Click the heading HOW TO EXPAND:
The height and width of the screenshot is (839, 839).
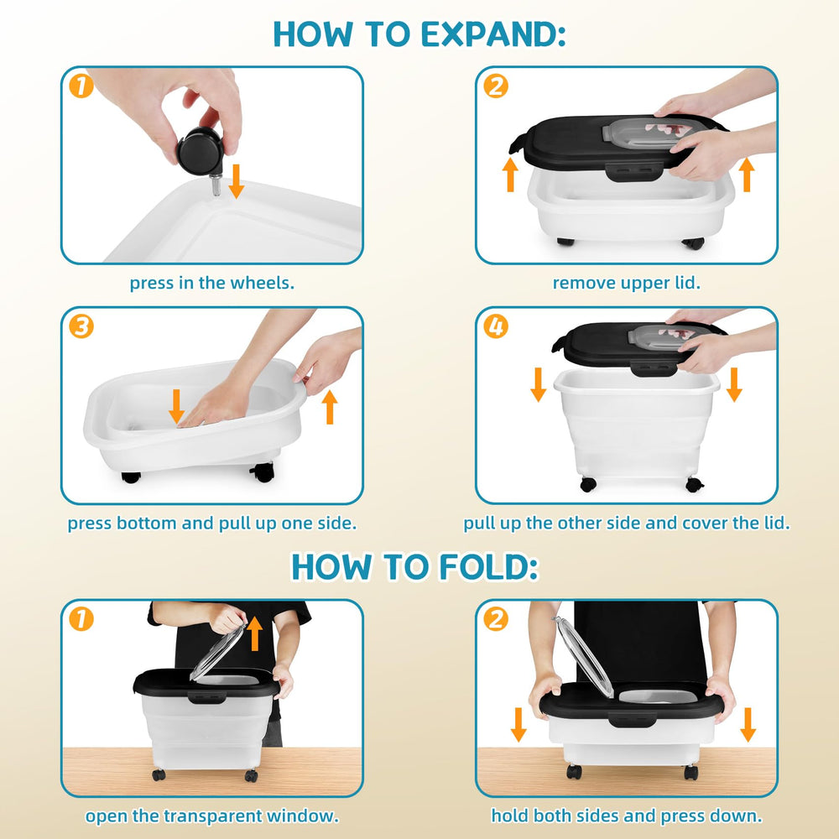419,34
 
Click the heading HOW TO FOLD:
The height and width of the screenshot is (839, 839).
414,566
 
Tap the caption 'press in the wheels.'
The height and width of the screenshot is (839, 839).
212,283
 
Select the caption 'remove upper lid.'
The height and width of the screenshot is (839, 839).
627,283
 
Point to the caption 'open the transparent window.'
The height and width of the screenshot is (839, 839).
212,816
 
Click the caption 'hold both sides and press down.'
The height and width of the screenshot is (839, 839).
627,816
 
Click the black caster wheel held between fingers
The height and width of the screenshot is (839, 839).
200,151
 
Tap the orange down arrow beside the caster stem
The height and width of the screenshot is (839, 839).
236,181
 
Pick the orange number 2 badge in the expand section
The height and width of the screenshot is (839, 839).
496,86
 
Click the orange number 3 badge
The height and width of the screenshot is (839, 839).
81,326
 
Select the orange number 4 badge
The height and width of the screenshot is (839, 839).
496,326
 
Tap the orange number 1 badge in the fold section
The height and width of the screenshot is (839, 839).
81,619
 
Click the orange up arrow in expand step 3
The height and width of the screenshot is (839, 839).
330,407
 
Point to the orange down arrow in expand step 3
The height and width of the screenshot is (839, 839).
176,406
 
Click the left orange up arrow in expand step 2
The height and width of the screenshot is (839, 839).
510,174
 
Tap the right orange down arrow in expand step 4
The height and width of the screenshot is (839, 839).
734,384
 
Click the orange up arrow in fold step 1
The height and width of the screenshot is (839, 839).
255,633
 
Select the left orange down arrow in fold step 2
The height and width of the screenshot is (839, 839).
518,725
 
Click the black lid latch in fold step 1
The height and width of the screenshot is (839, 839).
206,697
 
